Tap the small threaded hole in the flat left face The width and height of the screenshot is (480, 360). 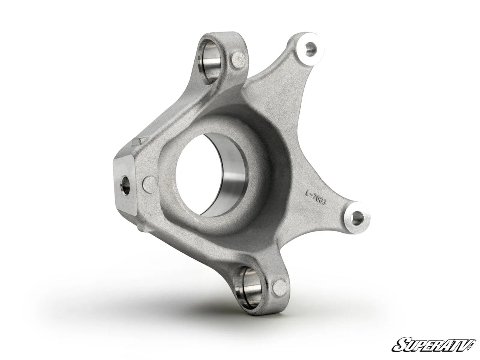coord(125,186)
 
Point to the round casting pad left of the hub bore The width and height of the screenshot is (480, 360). coord(150,183)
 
